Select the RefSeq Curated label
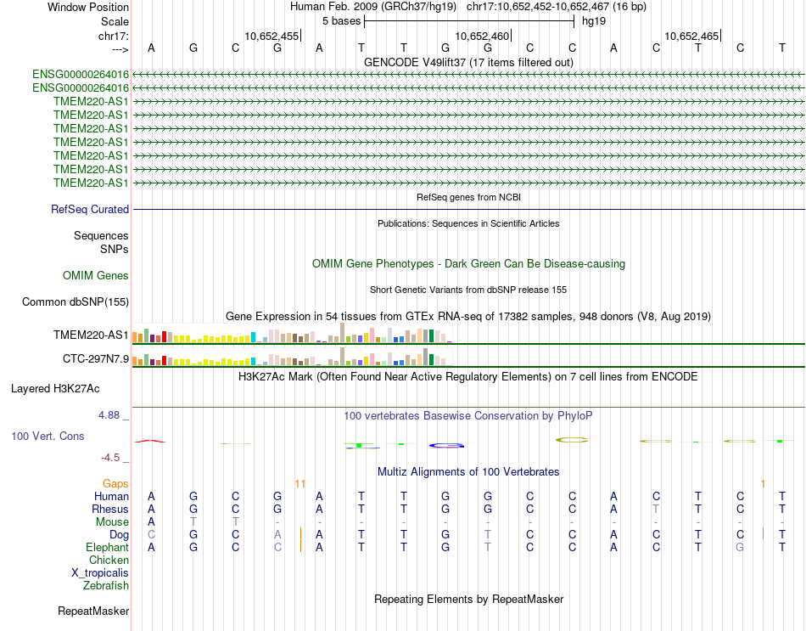click(90, 209)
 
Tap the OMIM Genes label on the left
click(96, 275)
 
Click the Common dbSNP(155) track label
click(76, 301)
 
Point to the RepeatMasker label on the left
click(93, 611)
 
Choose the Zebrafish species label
click(106, 585)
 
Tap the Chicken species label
click(109, 561)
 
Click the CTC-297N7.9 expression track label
click(96, 358)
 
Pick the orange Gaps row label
click(115, 483)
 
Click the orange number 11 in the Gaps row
click(299, 483)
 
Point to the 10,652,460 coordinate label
click(483, 36)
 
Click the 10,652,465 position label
click(691, 36)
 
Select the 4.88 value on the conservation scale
click(110, 415)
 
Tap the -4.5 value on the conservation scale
click(112, 457)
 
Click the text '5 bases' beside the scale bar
click(341, 20)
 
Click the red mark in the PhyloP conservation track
click(150, 441)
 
